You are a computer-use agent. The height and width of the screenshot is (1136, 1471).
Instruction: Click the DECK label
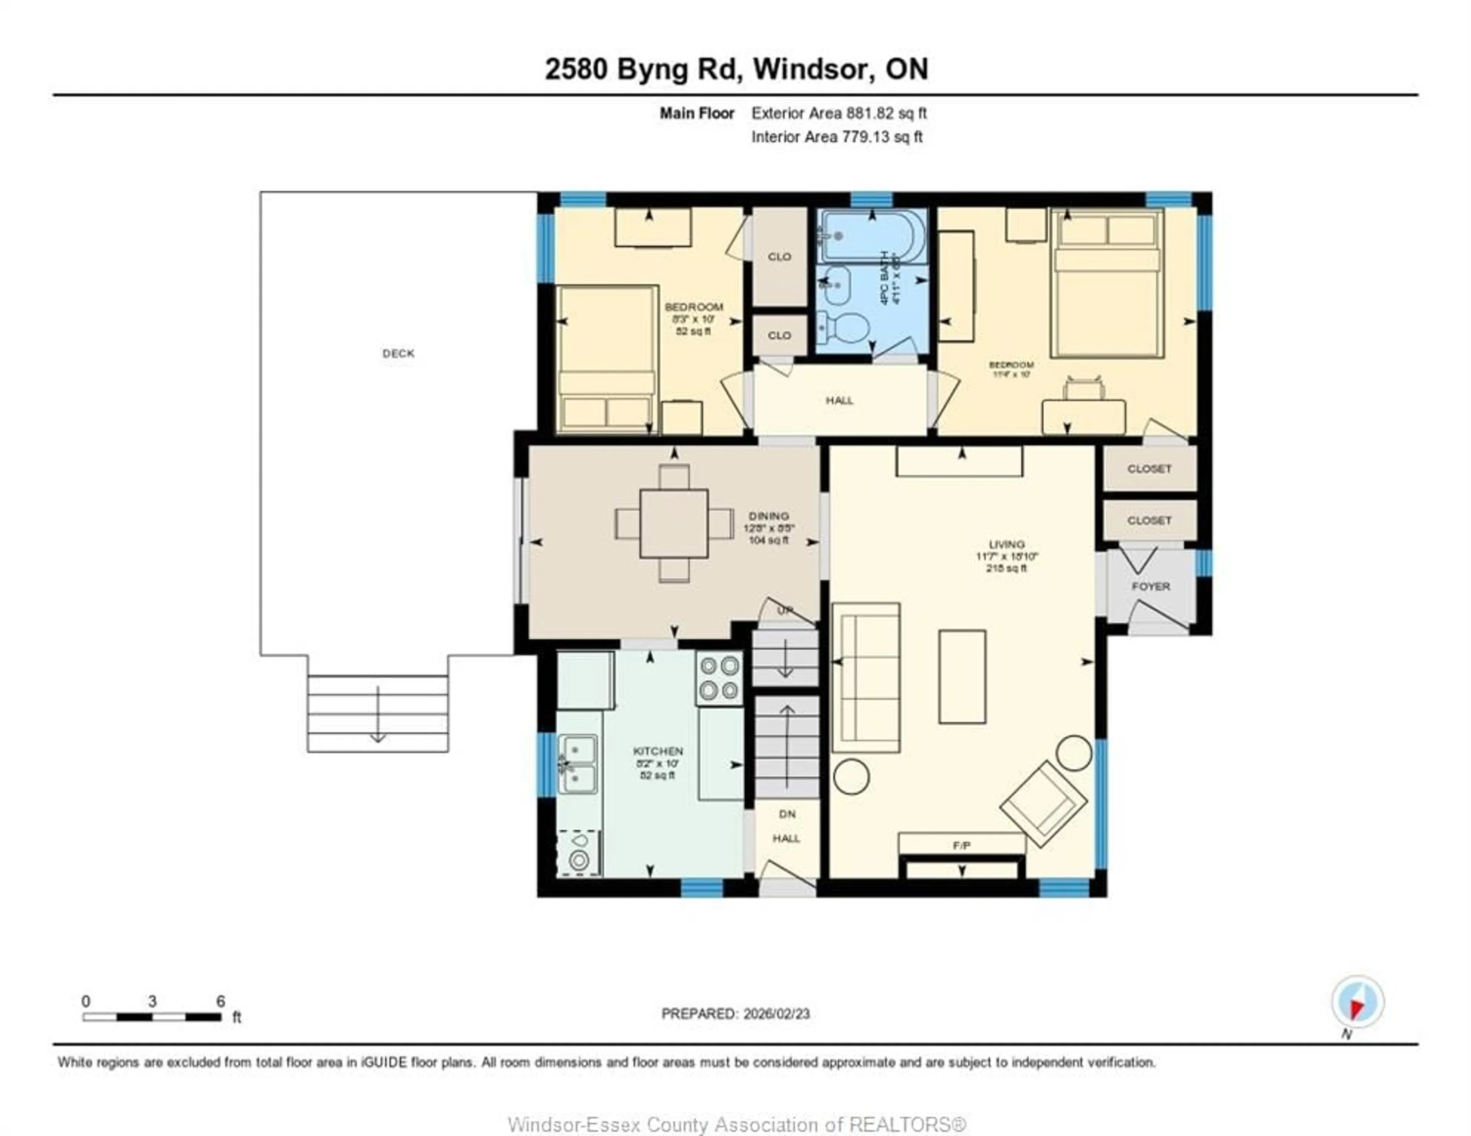click(398, 353)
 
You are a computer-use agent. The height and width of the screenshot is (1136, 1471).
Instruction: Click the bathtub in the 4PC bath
click(871, 236)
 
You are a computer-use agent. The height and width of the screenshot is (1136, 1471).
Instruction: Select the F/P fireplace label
click(961, 845)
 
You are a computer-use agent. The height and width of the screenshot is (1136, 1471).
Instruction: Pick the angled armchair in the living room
click(1043, 803)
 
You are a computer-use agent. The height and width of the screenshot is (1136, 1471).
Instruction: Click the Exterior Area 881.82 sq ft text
click(839, 113)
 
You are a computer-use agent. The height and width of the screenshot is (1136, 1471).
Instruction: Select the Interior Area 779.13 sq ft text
click(837, 137)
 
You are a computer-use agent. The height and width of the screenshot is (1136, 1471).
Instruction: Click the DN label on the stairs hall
click(787, 814)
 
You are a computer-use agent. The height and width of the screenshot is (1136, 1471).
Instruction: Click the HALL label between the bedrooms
click(839, 400)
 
